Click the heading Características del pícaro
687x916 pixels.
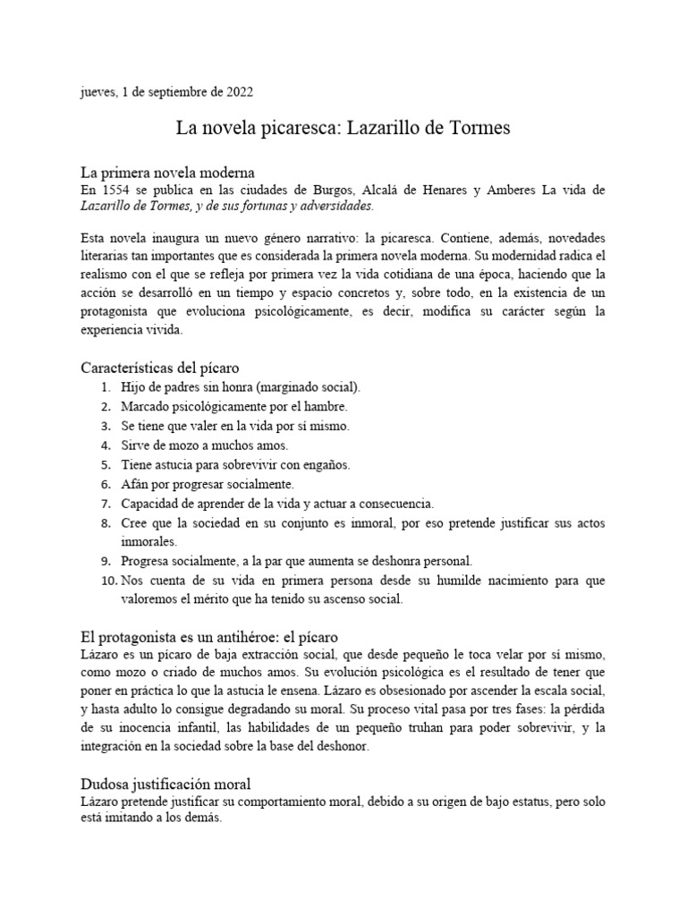[x=159, y=368]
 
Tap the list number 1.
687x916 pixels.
[x=106, y=387]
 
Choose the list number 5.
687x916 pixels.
[x=106, y=465]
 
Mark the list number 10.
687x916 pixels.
[x=105, y=581]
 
